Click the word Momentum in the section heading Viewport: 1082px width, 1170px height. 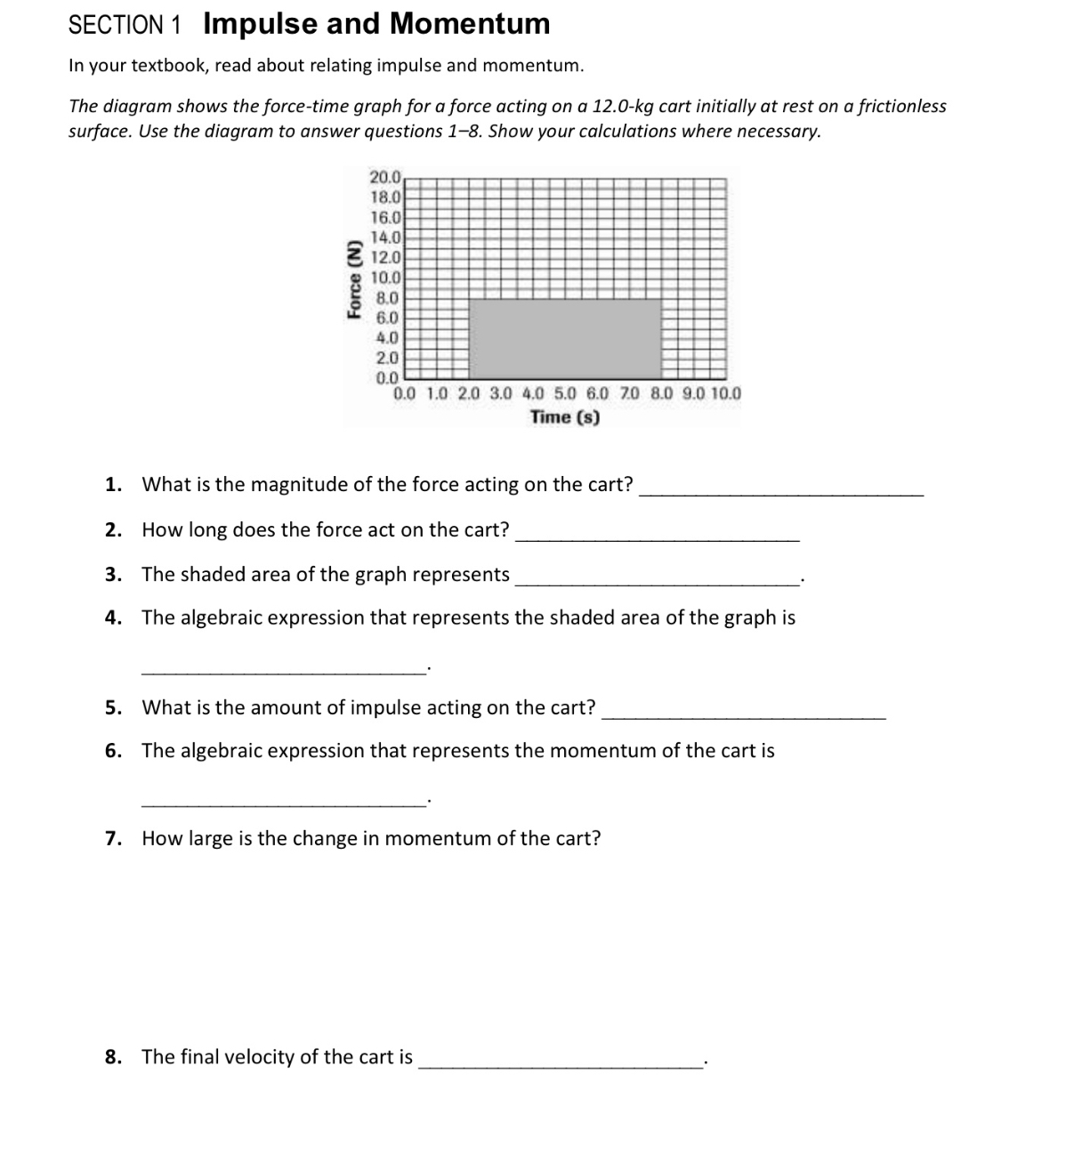pos(470,24)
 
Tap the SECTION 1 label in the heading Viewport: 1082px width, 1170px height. pos(125,25)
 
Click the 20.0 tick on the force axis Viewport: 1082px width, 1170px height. pos(386,177)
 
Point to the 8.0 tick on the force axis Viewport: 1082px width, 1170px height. pos(387,298)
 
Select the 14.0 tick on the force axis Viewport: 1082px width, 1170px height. pos(386,238)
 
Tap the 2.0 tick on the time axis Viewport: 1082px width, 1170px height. pos(468,393)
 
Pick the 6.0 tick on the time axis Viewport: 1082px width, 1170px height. pos(597,393)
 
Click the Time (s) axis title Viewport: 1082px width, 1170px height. pos(564,416)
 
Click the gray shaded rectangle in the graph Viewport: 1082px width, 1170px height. pos(564,338)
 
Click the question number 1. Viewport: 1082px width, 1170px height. pos(113,485)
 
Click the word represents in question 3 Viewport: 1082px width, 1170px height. pos(462,575)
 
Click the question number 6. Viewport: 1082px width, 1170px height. pos(113,751)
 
